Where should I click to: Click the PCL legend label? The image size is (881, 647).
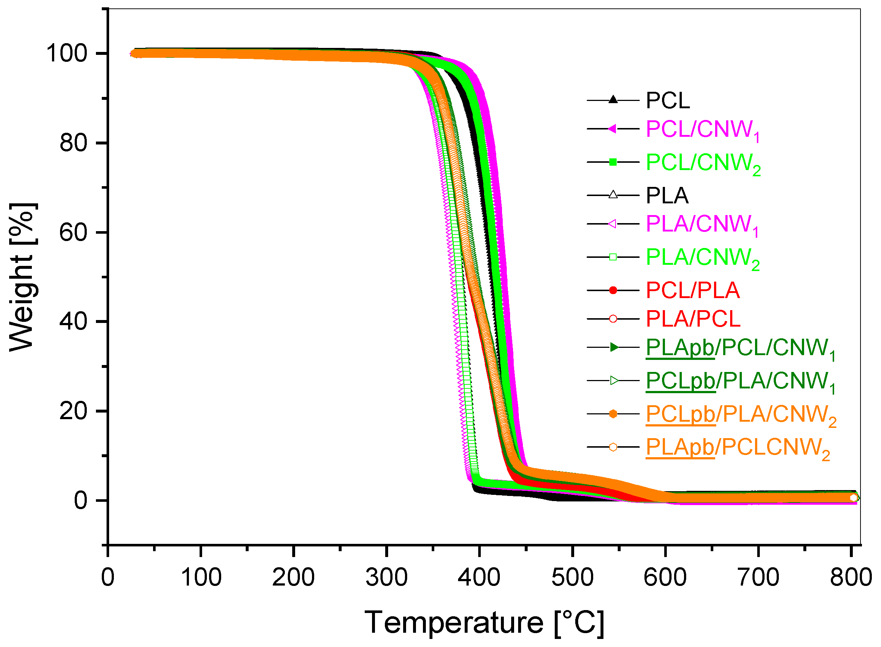667,101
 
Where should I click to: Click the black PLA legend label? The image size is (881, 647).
667,195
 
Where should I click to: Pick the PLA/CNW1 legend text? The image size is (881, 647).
702,225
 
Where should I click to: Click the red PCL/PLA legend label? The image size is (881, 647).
692,291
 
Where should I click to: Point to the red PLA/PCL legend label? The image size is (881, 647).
693,319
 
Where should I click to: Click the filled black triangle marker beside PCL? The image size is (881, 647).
613,100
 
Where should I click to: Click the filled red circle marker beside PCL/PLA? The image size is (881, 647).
613,290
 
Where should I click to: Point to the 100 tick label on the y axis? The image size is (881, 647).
67,53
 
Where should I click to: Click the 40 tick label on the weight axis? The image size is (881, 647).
73,321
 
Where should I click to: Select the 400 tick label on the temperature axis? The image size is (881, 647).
479,577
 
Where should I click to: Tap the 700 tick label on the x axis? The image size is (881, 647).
758,577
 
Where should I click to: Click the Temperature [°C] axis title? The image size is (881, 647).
484,622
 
